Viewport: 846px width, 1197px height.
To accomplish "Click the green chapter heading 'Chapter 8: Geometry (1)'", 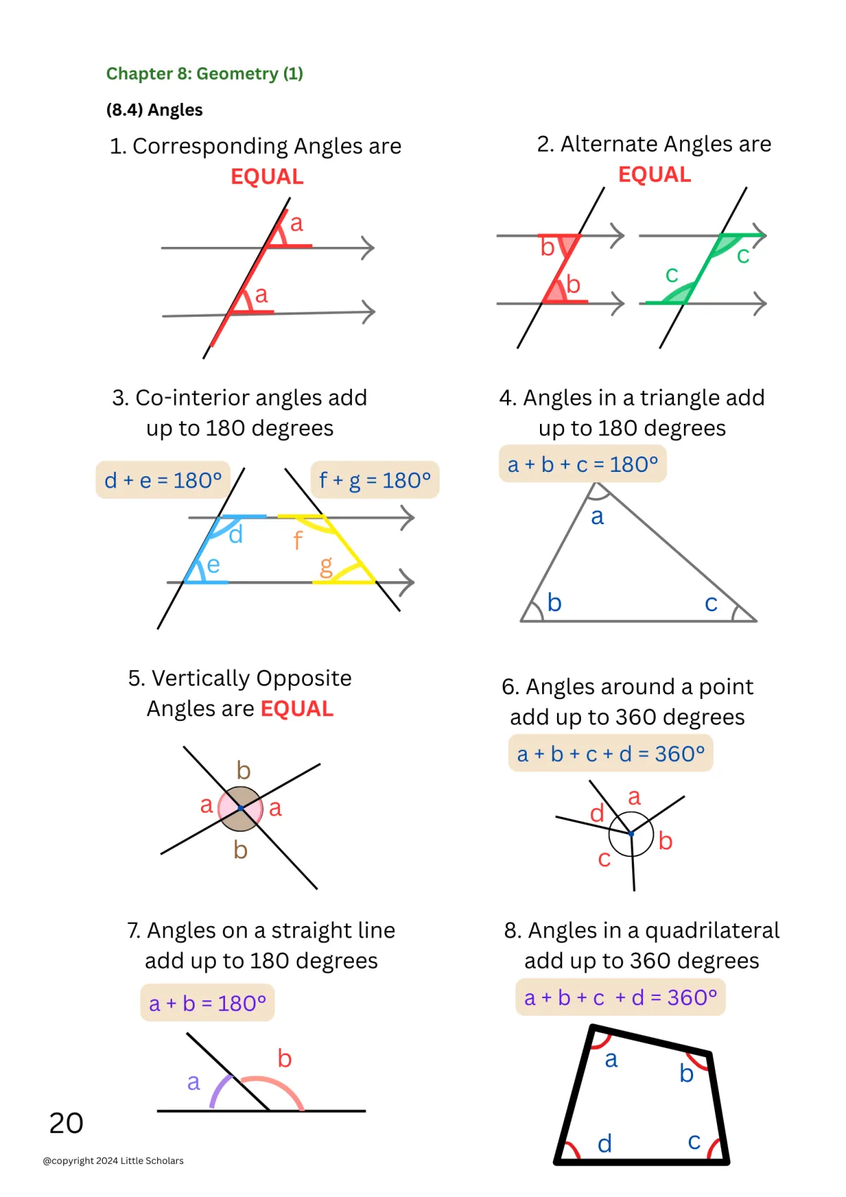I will click(x=204, y=74).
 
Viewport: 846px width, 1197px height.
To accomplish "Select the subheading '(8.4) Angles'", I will click(x=154, y=110).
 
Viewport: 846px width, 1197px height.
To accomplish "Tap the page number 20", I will click(x=66, y=1123).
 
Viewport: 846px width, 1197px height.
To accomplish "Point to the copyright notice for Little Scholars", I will click(x=114, y=1160).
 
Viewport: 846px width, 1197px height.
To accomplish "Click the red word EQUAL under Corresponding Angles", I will click(x=267, y=176).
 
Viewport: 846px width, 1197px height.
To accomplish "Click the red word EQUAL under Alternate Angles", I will click(x=654, y=174).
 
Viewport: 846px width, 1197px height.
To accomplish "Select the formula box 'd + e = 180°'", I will click(x=163, y=480).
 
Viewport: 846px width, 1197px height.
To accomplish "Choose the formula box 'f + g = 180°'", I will click(x=374, y=480).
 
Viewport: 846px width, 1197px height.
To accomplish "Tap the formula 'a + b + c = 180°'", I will click(x=582, y=464).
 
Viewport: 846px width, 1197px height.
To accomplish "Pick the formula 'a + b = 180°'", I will click(x=207, y=1002).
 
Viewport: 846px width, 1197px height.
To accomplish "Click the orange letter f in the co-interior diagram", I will click(x=298, y=541).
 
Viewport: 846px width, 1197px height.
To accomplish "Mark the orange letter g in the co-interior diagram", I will click(x=326, y=566).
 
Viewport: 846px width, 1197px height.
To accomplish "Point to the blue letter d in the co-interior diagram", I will click(x=236, y=535).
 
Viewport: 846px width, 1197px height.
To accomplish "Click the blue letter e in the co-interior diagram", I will click(x=213, y=565).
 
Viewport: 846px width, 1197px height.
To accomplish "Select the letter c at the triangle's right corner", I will click(x=711, y=604).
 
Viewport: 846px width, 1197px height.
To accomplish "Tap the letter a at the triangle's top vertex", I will click(x=598, y=517).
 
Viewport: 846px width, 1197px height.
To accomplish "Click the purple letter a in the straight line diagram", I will click(x=194, y=1082).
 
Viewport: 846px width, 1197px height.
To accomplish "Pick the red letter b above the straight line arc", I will click(x=285, y=1058).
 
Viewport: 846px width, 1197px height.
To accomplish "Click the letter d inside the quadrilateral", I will click(x=605, y=1143).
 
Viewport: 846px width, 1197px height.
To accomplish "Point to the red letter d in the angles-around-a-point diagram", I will click(x=597, y=813).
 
